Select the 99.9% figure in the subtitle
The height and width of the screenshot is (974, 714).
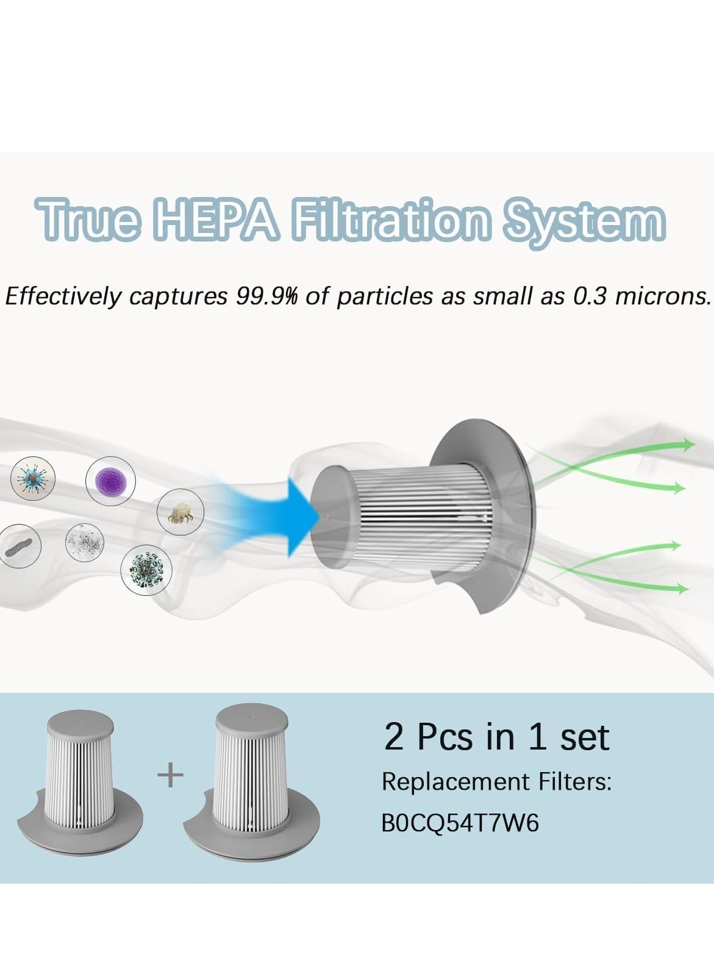click(266, 296)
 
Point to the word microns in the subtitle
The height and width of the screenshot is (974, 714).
click(664, 296)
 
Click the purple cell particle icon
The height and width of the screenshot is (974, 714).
click(110, 481)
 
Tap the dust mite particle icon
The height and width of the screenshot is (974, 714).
click(180, 513)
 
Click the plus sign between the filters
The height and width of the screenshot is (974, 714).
click(171, 776)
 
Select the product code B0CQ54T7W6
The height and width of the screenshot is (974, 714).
click(460, 823)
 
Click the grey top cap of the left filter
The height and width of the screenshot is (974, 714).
click(80, 723)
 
